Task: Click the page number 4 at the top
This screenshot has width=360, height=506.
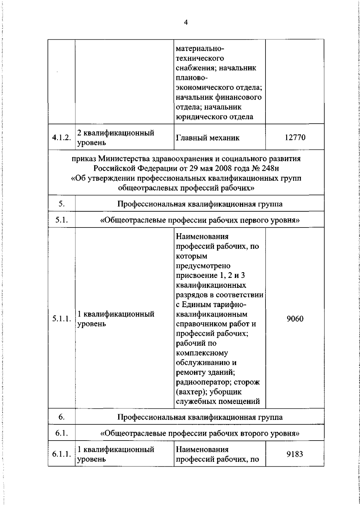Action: (186, 23)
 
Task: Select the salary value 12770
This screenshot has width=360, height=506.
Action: (295, 137)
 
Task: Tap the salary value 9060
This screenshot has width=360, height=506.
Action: (295, 319)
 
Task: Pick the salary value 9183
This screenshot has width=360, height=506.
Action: (295, 454)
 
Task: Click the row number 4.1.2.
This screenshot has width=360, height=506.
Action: (61, 138)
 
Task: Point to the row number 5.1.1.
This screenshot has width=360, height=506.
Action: (61, 319)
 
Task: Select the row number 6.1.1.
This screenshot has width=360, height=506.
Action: (61, 454)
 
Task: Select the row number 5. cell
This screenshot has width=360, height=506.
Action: (61, 204)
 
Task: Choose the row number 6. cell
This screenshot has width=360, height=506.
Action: (61, 417)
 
